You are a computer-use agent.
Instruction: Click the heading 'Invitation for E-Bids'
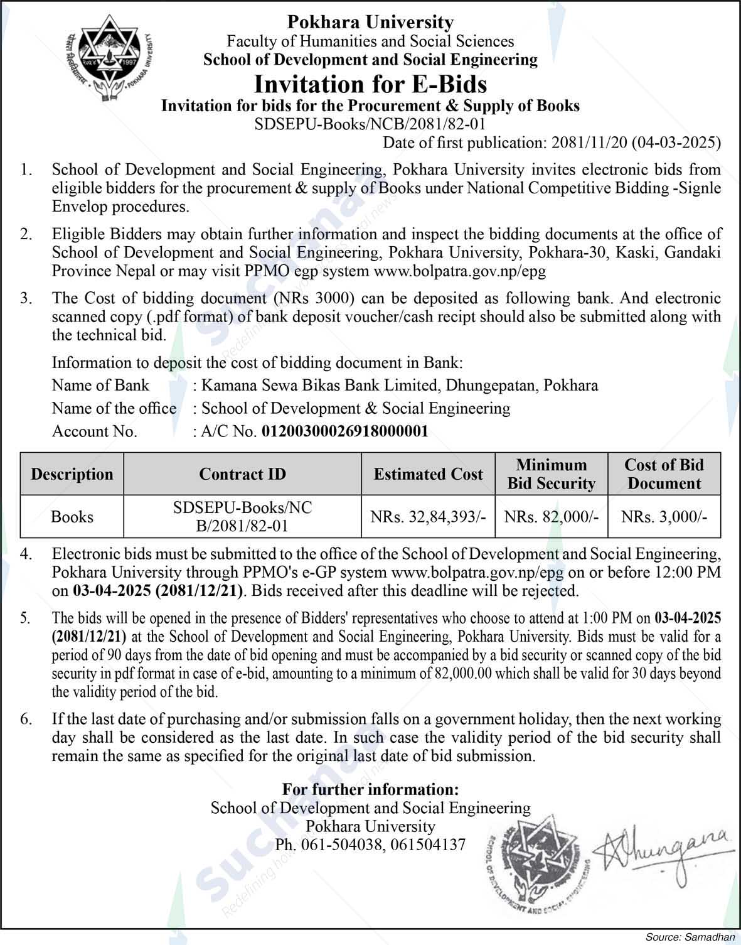[370, 84]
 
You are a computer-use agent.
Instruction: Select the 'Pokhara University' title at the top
[370, 23]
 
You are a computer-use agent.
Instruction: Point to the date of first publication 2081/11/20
[589, 143]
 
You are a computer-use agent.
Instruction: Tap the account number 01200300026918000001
[344, 431]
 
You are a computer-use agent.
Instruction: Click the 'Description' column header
[72, 474]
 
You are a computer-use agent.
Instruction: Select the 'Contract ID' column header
[242, 474]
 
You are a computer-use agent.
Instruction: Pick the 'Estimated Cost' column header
[428, 474]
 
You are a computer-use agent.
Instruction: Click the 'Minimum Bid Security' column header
[551, 474]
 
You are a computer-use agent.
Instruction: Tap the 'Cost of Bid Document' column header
[664, 474]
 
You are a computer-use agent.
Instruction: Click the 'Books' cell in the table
[72, 517]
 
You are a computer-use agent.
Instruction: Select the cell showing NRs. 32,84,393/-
[428, 517]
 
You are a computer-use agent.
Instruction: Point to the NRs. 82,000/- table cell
[551, 517]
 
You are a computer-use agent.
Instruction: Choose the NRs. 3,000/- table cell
[664, 517]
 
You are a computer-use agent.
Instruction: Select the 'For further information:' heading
[370, 789]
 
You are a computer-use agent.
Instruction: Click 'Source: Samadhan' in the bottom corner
[690, 937]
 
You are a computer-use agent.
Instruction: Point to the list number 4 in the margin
[25, 554]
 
